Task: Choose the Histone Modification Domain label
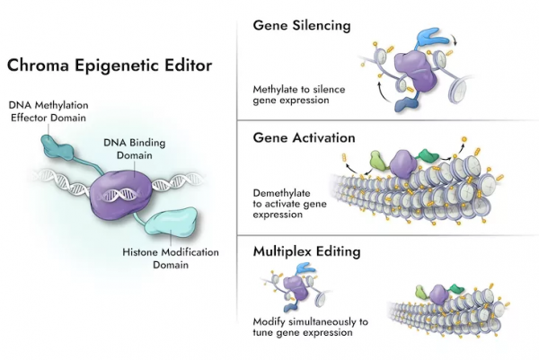pos(171,259)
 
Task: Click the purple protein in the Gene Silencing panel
pos(411,72)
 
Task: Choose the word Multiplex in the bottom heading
pos(284,252)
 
